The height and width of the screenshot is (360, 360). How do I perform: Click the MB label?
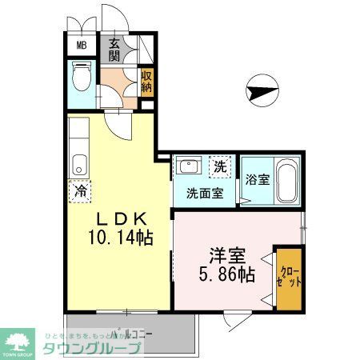81,44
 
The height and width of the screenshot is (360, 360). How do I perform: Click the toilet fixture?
81,78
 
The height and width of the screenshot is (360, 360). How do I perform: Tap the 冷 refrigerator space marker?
80,191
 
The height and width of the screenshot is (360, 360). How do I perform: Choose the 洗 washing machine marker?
219,167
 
